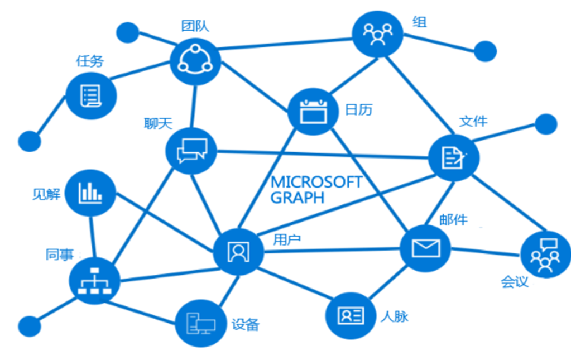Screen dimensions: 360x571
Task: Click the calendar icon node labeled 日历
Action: [313, 111]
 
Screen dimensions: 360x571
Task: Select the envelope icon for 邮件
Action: [426, 248]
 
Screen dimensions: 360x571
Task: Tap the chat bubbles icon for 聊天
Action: [191, 151]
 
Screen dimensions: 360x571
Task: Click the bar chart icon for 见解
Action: [90, 193]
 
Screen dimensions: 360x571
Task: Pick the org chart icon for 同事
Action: [94, 280]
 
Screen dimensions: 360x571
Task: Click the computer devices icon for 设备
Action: [200, 323]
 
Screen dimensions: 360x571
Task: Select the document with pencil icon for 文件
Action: [453, 158]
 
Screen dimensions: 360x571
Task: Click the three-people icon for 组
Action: [377, 33]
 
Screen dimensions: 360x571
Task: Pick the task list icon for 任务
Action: [91, 95]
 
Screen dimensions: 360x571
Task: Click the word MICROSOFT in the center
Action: [316, 183]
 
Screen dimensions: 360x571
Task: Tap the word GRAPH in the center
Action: [297, 198]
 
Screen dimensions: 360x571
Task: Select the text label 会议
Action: [515, 282]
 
